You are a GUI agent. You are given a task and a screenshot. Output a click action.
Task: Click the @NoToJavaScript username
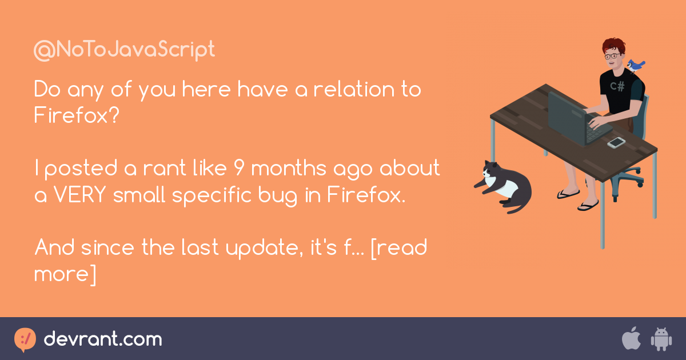click(x=124, y=50)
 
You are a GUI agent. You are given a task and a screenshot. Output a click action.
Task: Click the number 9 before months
click(x=240, y=169)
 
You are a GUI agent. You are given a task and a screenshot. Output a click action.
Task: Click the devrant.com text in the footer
click(x=103, y=339)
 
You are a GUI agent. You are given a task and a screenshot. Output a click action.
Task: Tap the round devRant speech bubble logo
click(x=25, y=339)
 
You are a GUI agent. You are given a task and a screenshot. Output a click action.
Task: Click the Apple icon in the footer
click(x=631, y=339)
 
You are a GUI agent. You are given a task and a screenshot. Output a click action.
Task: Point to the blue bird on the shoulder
click(x=635, y=65)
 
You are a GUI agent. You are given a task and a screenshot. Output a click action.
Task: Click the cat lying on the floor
click(x=503, y=184)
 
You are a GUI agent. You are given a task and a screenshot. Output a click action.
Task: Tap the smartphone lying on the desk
click(x=616, y=142)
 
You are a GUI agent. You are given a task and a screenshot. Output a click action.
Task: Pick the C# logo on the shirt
click(x=617, y=86)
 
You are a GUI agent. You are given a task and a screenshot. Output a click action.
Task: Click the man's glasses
click(x=612, y=57)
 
